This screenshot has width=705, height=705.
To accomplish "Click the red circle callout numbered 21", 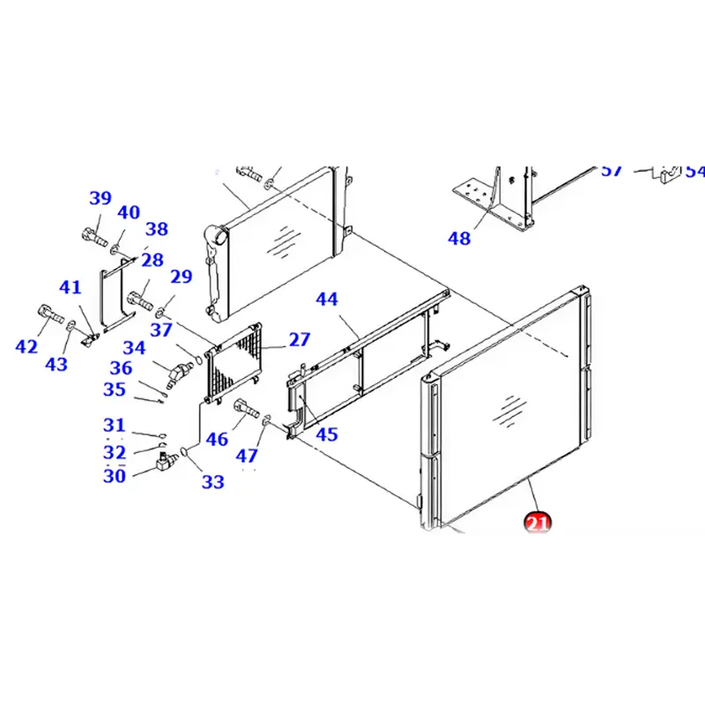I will click(537, 523).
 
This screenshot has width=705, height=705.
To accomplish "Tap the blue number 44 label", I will click(326, 300).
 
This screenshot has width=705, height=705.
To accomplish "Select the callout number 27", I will click(300, 340).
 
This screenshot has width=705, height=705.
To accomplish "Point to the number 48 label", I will click(459, 239).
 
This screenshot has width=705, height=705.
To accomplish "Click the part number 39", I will click(100, 198).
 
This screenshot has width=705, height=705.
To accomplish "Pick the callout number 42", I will click(27, 347).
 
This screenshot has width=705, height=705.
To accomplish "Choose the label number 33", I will click(212, 481).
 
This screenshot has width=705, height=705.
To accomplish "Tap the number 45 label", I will click(326, 434).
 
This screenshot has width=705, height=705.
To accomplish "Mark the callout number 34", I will click(134, 348).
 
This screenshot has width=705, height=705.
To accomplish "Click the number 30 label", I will click(115, 477).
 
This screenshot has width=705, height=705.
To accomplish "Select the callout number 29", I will click(181, 277).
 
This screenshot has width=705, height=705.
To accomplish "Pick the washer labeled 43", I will click(70, 330).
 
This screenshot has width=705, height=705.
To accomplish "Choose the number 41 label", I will click(70, 286).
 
